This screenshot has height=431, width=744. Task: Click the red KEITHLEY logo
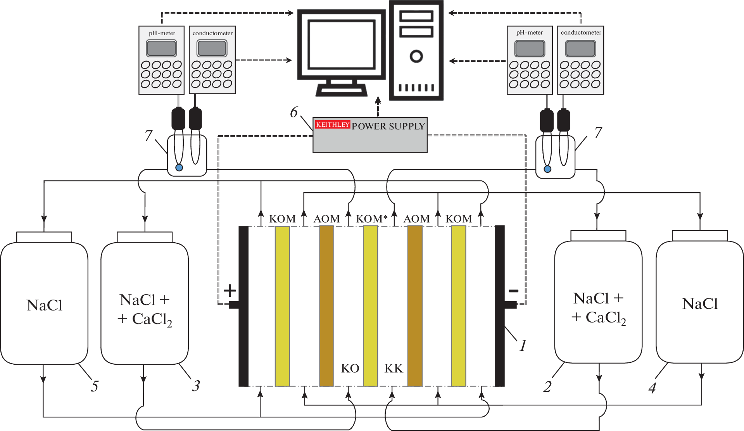pos(332,124)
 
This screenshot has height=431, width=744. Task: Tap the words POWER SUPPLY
pos(388,126)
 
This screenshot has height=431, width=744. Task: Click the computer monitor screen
pos(341,45)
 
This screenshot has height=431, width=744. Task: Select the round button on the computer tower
pos(416,57)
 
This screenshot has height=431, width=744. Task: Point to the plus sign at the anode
pos(230,290)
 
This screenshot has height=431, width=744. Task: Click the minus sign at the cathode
pos(513,291)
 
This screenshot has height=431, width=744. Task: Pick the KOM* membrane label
pos(371,219)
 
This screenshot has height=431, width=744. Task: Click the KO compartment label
pos(350,368)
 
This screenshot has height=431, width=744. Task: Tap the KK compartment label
pos(394,368)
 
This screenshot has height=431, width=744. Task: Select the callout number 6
pos(294,112)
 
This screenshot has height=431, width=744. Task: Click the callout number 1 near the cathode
pos(523,345)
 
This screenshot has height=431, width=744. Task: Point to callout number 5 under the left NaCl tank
pos(95,386)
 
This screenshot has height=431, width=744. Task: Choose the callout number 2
pos(547,386)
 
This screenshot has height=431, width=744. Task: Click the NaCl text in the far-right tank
pos(700,304)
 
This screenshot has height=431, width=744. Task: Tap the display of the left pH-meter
pos(161,48)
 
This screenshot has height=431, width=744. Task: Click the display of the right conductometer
pos(580,48)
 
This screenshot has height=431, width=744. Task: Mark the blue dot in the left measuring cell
pos(179,168)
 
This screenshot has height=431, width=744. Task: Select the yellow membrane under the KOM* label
pos(370,306)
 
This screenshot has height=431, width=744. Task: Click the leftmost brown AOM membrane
pos(326,306)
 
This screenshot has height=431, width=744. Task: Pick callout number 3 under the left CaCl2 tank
pos(196,386)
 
